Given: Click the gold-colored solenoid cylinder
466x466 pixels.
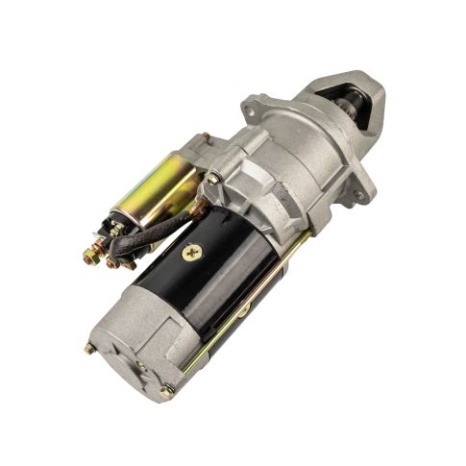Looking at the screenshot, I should [x=159, y=187].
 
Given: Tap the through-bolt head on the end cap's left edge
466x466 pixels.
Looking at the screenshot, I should [x=89, y=348].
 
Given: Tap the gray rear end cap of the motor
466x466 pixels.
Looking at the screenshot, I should [x=135, y=346].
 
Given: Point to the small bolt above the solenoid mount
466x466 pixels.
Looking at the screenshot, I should [x=205, y=137].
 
